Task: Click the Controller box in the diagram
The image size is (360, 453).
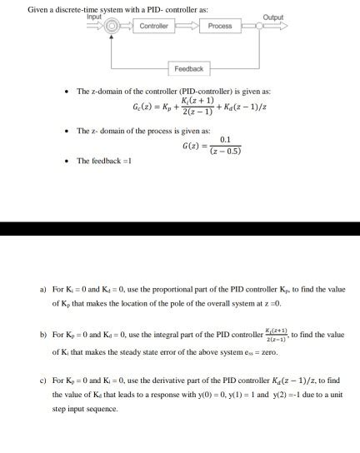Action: tap(154, 26)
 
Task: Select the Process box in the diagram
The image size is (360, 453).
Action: tap(220, 26)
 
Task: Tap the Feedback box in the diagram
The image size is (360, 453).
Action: tap(187, 68)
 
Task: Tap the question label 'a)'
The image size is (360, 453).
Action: tap(42, 290)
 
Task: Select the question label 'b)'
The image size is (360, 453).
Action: tap(42, 335)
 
